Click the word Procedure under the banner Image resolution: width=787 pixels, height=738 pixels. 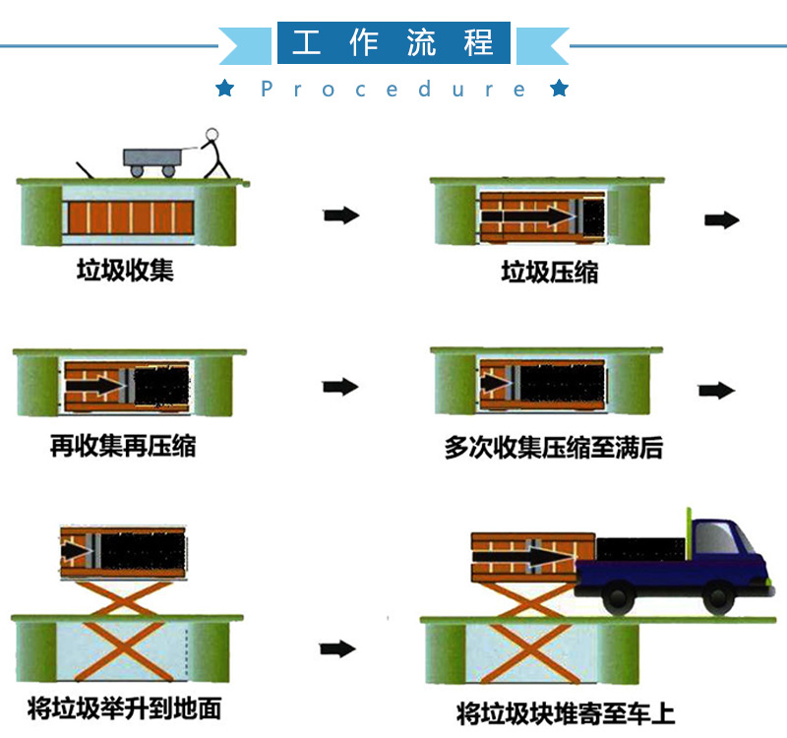pos(393,90)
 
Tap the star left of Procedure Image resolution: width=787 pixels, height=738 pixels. pos(225,90)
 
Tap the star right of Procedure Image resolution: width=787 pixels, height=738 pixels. pos(560,90)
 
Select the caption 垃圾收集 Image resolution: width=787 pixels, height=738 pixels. pos(125,271)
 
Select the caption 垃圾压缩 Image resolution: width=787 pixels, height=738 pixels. pos(550,273)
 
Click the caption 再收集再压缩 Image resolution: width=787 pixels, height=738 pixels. pos(123,447)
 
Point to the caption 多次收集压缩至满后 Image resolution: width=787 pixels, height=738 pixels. pos(554,449)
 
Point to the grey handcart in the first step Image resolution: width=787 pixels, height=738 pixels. pos(154,160)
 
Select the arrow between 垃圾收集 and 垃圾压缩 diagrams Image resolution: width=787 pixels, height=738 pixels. pos(341,215)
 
